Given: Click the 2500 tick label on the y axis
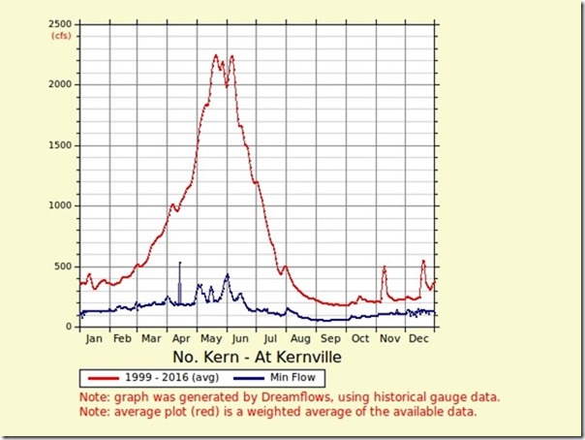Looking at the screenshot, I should [x=62, y=23].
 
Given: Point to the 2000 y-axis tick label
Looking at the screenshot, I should [x=62, y=84].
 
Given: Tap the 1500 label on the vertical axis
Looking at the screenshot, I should [x=62, y=145].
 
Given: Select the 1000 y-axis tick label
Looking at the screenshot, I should [x=62, y=205].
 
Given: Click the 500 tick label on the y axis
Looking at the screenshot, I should [x=65, y=267].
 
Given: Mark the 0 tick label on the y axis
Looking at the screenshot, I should [x=70, y=327].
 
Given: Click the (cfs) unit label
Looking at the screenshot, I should [x=62, y=36].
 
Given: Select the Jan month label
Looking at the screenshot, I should [x=94, y=340].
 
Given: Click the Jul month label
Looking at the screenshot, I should [x=271, y=340].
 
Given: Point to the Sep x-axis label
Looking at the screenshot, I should [x=331, y=340].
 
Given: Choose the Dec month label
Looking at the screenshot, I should [x=419, y=340].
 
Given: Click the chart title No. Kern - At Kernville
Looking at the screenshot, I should [x=259, y=358].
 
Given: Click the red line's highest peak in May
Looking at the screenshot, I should [x=215, y=56].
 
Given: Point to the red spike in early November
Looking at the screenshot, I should [x=385, y=267].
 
